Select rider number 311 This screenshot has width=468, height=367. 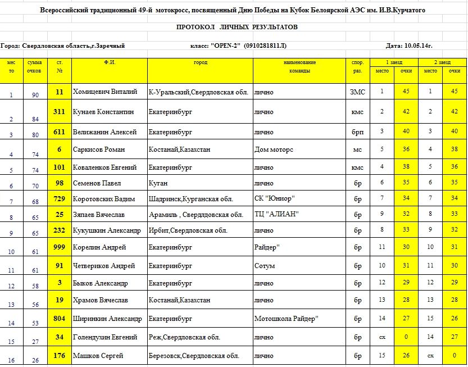point(59,112)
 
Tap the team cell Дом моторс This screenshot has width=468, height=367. point(274,149)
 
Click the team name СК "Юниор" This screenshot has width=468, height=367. point(275,198)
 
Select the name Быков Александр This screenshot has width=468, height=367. point(101,283)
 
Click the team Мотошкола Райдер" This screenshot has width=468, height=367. point(287,319)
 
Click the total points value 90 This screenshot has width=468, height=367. point(35,96)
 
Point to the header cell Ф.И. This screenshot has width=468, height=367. point(110,62)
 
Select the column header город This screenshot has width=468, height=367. point(201,62)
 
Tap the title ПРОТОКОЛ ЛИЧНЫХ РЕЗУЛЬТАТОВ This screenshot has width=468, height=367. point(237,27)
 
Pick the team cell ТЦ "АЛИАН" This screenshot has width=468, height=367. point(276,214)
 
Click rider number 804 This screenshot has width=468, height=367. point(59,319)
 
